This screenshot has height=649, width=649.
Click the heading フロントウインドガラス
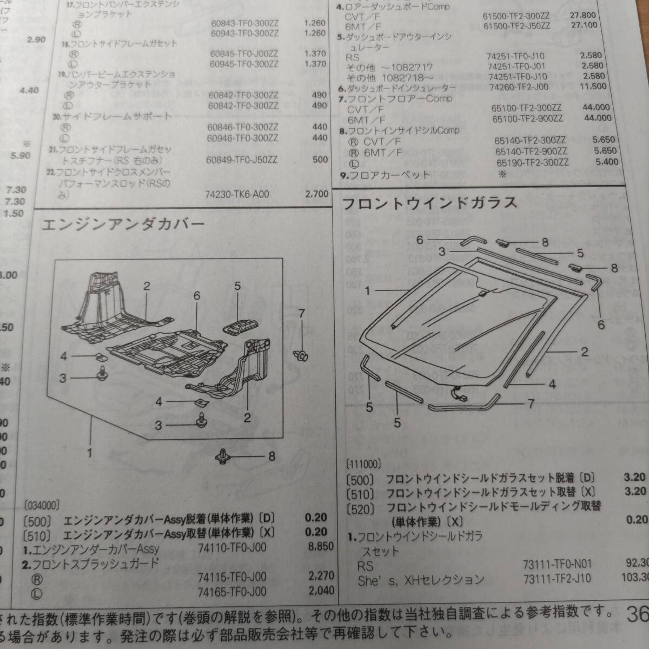click(431, 204)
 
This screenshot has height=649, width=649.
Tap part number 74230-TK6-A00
click(237, 195)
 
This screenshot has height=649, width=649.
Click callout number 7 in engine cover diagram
click(302, 312)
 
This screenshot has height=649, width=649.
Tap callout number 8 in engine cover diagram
click(271, 456)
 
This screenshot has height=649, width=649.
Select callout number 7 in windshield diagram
click(531, 403)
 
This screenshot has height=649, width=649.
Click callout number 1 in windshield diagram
click(367, 291)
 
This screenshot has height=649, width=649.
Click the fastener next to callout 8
click(223, 455)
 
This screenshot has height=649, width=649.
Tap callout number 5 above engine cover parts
click(237, 286)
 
